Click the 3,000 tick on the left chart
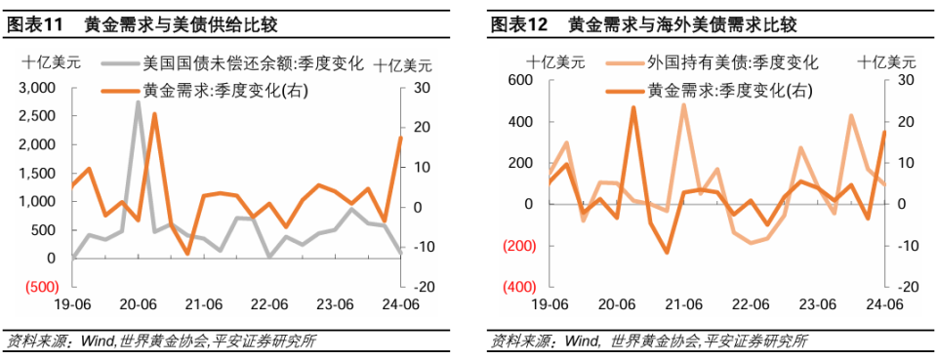click(x=37, y=88)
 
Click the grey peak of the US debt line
click(x=138, y=102)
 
